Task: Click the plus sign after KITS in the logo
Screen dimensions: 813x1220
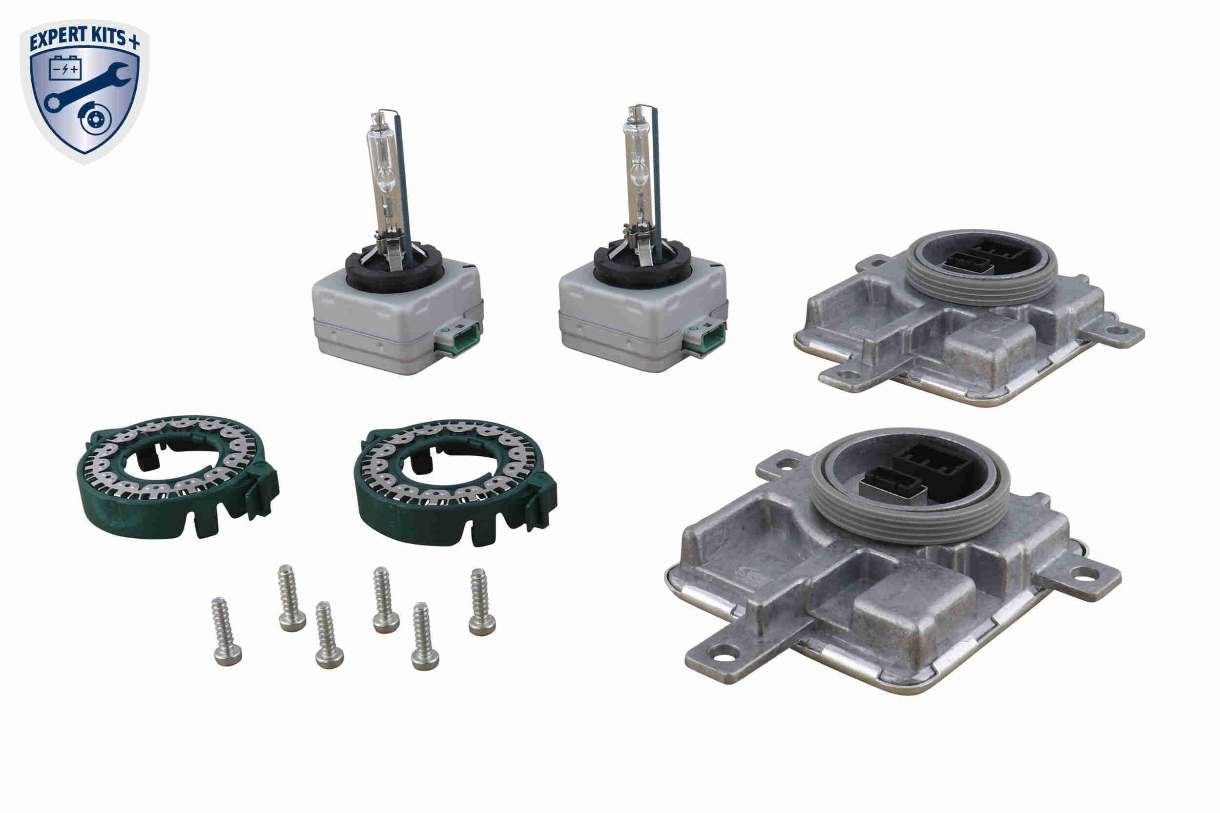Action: coord(134,42)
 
